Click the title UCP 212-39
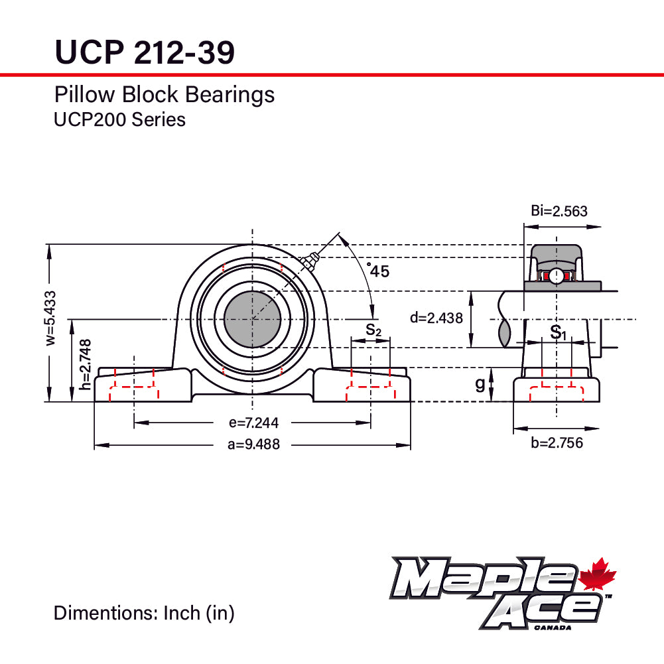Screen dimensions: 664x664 [144, 52]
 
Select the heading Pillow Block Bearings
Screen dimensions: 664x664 [164, 95]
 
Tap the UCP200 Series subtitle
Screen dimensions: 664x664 [119, 119]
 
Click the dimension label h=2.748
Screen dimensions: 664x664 [85, 364]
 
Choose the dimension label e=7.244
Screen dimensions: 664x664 [253, 423]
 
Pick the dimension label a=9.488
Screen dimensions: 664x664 [253, 445]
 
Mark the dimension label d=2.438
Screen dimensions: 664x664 [436, 318]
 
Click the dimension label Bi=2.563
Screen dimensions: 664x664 [559, 212]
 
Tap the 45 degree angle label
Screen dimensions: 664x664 [379, 271]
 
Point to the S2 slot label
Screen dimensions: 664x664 [373, 329]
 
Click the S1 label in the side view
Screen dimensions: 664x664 [559, 332]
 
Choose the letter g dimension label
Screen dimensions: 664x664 [480, 385]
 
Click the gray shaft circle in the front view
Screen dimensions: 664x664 [252, 319]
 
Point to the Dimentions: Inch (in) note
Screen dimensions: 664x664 [144, 613]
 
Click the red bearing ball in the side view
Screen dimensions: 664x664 [555, 275]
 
